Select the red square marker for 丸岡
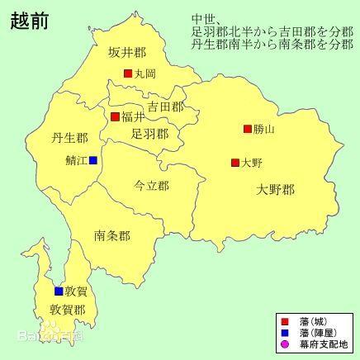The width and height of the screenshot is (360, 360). (x=128, y=73)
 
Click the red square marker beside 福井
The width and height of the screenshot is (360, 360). (x=116, y=116)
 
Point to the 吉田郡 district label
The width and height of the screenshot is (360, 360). (x=167, y=107)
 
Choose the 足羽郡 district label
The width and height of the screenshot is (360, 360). (x=150, y=133)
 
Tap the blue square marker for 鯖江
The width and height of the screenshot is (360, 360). (x=93, y=160)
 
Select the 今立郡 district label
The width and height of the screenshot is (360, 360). (x=152, y=187)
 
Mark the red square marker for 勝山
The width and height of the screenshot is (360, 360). (x=247, y=129)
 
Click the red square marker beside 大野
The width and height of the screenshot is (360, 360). (x=235, y=163)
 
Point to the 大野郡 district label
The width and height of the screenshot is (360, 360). (x=275, y=191)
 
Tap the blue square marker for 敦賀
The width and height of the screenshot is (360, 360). (x=59, y=291)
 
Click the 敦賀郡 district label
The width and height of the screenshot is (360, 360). (x=68, y=310)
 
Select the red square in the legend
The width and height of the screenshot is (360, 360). (x=285, y=320)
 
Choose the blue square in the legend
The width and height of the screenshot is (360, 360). (x=285, y=332)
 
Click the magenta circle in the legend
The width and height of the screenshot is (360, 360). (x=285, y=344)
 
